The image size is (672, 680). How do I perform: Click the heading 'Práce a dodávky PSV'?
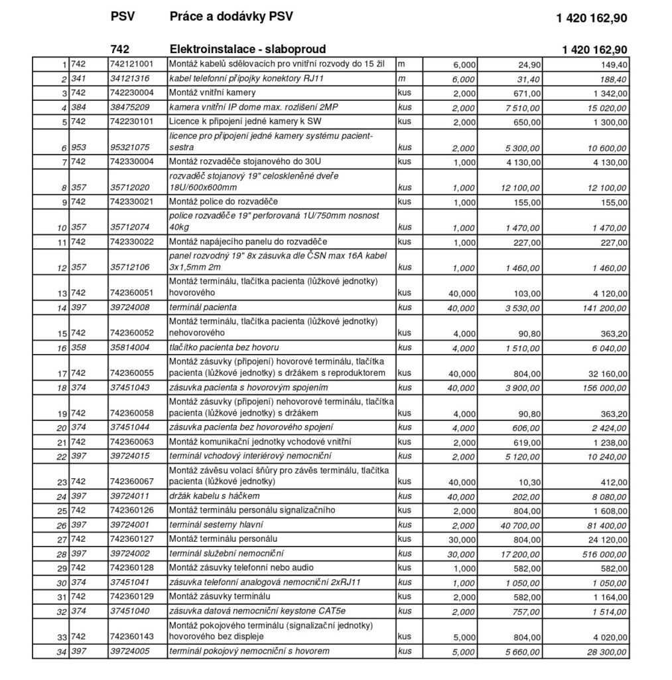tap(230, 17)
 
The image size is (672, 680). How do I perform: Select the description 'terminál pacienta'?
tap(203, 307)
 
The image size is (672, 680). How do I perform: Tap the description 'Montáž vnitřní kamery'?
tap(213, 92)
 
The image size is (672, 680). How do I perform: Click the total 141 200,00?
tap(601, 308)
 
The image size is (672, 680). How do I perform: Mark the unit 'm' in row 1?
tap(401, 64)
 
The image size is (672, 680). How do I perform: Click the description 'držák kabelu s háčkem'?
tap(214, 496)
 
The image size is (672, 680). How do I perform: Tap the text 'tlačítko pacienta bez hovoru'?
tap(224, 347)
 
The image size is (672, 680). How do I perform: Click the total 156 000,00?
tap(601, 388)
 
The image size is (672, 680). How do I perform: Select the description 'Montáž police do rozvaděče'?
tap(224, 201)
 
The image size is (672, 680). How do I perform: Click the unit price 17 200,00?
tap(521, 553)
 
